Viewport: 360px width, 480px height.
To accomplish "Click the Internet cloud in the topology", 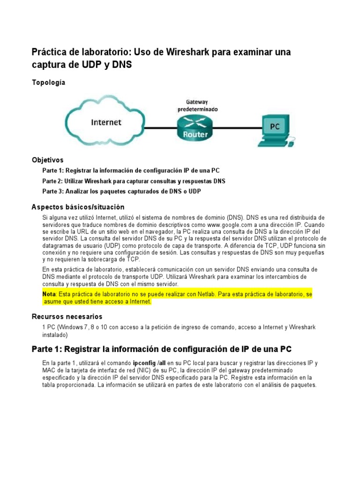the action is [x=106, y=122].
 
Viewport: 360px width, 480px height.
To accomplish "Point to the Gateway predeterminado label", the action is [x=197, y=105].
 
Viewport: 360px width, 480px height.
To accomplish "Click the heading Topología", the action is [x=48, y=82].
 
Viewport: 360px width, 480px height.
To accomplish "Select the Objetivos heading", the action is [x=47, y=160].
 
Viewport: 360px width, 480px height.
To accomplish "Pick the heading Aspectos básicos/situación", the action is [x=78, y=207].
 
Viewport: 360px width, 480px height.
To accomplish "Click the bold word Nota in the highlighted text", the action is [x=49, y=294].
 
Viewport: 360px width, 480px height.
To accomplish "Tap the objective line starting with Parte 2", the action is [x=134, y=180].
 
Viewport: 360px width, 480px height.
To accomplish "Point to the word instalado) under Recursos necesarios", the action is [x=55, y=335].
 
